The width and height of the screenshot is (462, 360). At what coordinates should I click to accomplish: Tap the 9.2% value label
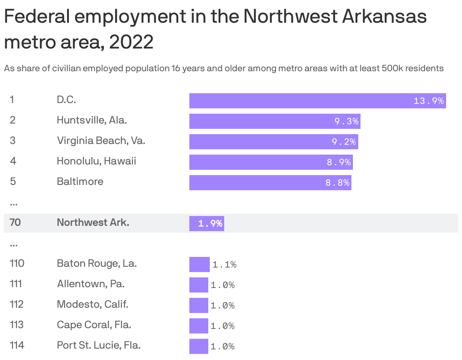click(x=344, y=142)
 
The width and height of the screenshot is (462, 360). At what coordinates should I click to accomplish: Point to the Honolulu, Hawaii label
click(x=96, y=161)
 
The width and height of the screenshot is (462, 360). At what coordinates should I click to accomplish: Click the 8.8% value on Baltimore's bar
click(x=337, y=183)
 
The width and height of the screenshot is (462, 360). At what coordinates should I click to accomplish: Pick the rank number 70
click(x=15, y=222)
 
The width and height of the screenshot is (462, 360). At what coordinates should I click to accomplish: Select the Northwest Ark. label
click(x=93, y=222)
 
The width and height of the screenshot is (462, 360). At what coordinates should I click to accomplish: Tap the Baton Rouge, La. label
click(x=97, y=263)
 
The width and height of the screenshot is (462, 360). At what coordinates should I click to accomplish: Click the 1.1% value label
click(x=224, y=265)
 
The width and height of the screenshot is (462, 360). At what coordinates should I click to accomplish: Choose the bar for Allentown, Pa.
click(x=198, y=285)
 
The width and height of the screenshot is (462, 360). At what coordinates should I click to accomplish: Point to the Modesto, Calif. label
click(x=92, y=304)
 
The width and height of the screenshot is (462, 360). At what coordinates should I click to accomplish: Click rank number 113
click(x=17, y=325)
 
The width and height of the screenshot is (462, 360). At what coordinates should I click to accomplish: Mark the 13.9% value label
click(x=429, y=101)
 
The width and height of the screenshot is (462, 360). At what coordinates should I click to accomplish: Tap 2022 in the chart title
click(x=131, y=42)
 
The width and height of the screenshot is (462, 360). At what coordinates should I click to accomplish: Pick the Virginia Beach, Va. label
click(x=101, y=141)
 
